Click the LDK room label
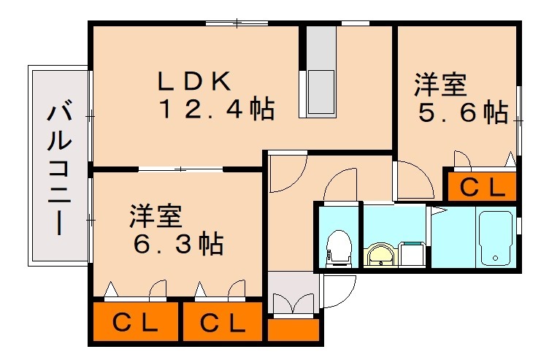click(194, 81)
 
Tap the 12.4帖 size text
click(217, 109)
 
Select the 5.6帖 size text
click(463, 112)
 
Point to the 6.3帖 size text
click(178, 244)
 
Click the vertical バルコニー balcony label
click(59, 166)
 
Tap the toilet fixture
click(339, 248)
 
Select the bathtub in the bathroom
click(496, 238)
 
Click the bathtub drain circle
click(496, 258)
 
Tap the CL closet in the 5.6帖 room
click(482, 187)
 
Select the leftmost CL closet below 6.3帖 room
click(136, 322)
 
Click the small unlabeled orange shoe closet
click(293, 330)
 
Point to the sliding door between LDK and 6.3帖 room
click(180, 169)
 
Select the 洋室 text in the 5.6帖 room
click(440, 84)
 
